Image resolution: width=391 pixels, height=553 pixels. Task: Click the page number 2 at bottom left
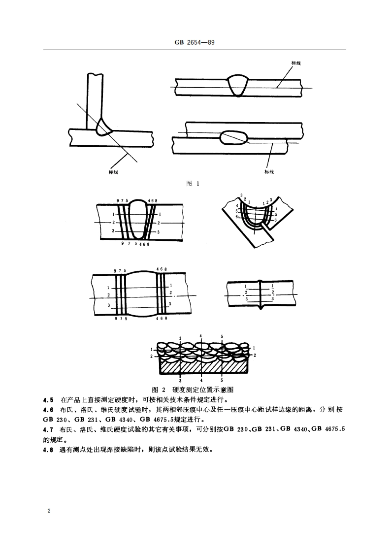(49, 511)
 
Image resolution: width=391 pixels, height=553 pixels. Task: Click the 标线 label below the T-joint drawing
(113, 172)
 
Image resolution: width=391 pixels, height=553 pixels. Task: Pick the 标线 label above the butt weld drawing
(296, 64)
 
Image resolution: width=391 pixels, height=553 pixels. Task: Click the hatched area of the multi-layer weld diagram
(202, 365)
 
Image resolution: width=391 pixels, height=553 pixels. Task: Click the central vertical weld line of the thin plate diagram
(260, 294)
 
